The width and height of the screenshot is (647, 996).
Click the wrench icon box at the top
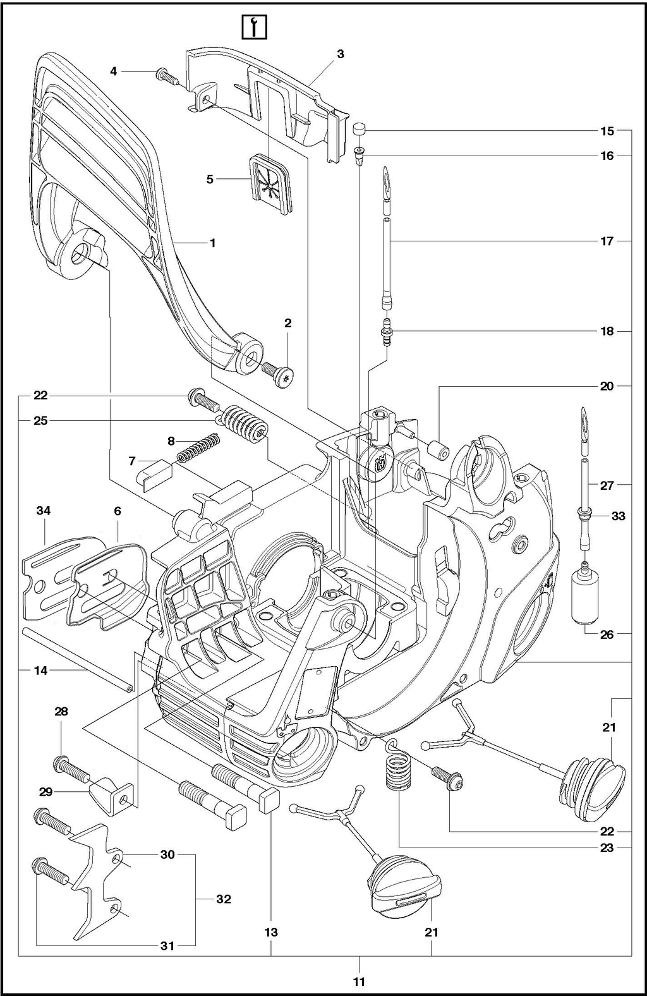253,27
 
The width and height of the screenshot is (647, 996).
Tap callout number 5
210,179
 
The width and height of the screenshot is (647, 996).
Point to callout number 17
607,241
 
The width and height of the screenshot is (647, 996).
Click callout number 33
618,516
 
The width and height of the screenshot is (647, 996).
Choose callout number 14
40,671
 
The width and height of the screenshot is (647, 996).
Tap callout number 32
223,899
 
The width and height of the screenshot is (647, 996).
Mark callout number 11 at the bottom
359,981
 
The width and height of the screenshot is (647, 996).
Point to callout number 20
607,386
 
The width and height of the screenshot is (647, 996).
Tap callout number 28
61,712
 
